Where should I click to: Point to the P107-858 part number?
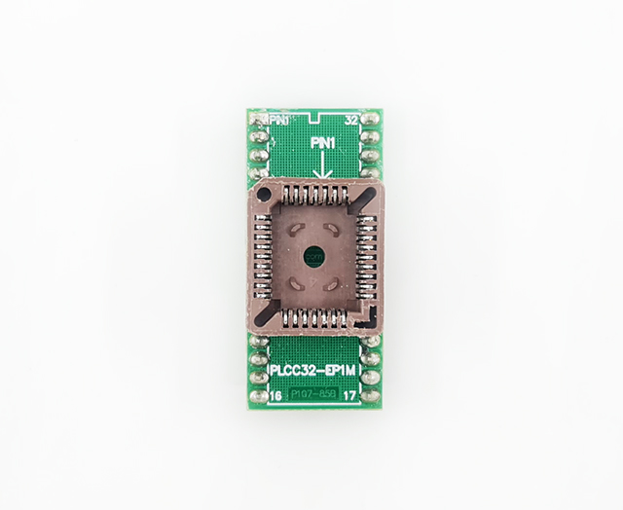[x=314, y=395]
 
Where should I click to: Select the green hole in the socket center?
[x=314, y=257]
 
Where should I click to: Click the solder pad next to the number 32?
[x=370, y=120]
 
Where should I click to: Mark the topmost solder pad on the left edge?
[x=258, y=120]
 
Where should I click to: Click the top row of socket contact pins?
[x=314, y=200]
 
